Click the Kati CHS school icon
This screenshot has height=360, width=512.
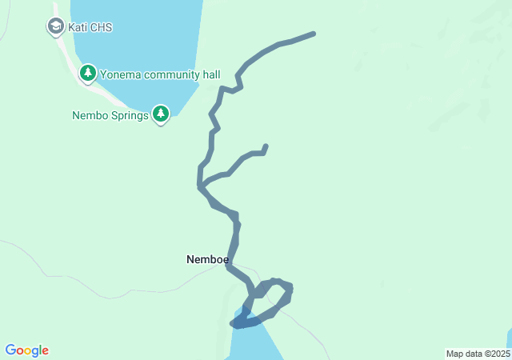[55, 26]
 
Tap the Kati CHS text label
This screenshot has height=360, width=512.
[90, 27]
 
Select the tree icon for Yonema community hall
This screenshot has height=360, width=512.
[87, 74]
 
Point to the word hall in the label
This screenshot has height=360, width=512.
[210, 74]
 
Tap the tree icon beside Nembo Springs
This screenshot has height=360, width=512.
[161, 114]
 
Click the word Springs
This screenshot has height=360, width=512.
[129, 115]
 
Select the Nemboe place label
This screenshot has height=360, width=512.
[207, 259]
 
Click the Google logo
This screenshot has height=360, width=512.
[26, 350]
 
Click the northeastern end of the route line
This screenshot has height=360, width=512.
[313, 34]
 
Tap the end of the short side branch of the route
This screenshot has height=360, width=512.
[265, 146]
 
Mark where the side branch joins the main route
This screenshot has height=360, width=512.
[200, 186]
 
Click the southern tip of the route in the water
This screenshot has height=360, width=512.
[234, 324]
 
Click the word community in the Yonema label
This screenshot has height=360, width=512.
[171, 74]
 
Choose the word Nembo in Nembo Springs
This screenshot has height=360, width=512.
[90, 115]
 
